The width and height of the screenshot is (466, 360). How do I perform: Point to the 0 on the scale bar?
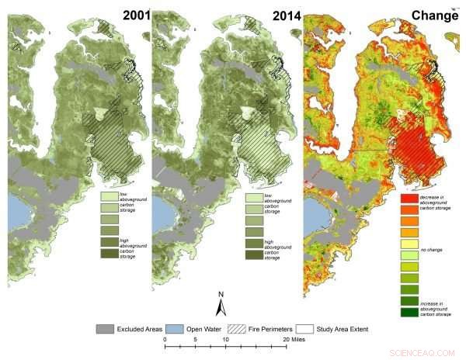[165, 339]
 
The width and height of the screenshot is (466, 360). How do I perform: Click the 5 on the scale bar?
[195, 339]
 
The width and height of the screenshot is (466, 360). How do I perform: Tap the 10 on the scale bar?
[225, 339]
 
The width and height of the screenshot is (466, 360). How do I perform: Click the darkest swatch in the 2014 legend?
[254, 254]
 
